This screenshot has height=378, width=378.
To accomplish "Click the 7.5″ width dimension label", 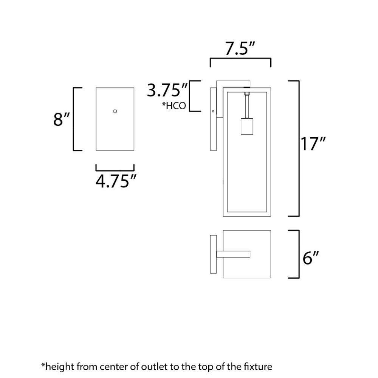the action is point(240,48).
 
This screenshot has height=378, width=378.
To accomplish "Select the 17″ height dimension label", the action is point(313,144).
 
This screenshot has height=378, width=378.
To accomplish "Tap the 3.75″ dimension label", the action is point(167,90).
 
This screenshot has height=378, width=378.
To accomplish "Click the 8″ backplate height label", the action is point(61,119).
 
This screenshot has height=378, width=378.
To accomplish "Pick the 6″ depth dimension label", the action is point(311,258).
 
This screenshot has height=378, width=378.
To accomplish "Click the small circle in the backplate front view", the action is point(115,111).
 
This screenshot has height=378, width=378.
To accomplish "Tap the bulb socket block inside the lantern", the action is point(247,126).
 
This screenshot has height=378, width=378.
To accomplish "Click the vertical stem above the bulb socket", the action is point(247,107).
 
